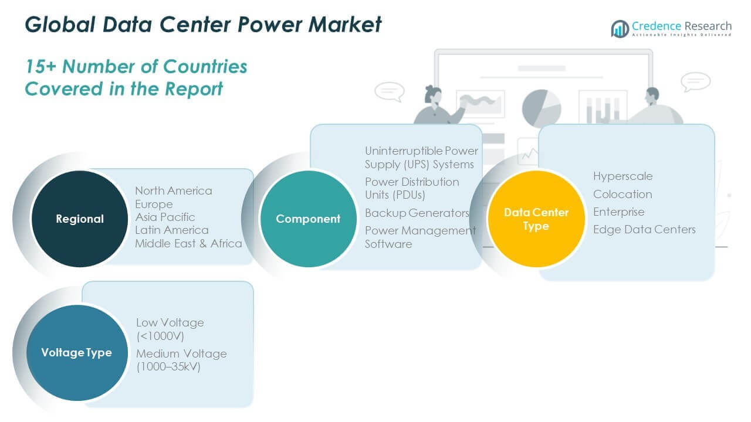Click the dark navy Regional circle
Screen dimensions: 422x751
pyautogui.click(x=79, y=219)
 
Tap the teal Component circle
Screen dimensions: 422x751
pyautogui.click(x=308, y=219)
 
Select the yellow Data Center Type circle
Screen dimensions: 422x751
pyautogui.click(x=536, y=219)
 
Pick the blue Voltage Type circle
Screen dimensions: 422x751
pyautogui.click(x=77, y=352)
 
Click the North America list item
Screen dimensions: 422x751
pyautogui.click(x=174, y=191)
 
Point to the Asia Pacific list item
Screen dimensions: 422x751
pyautogui.click(x=165, y=217)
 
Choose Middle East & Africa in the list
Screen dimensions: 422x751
pyautogui.click(x=188, y=243)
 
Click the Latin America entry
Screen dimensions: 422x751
pyautogui.click(x=172, y=230)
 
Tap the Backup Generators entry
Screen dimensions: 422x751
pyautogui.click(x=417, y=213)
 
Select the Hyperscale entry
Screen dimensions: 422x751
pyautogui.click(x=623, y=176)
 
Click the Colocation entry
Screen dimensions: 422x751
pyautogui.click(x=623, y=194)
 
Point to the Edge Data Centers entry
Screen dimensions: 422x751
pyautogui.click(x=644, y=229)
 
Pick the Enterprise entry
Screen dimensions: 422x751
pyautogui.click(x=618, y=212)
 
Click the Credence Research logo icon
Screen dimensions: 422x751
pyautogui.click(x=620, y=28)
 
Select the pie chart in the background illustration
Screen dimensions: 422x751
pyautogui.click(x=541, y=108)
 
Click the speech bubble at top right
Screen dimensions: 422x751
pyautogui.click(x=696, y=81)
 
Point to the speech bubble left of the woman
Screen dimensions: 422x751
pyautogui.click(x=389, y=91)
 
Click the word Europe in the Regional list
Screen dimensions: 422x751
pyautogui.click(x=154, y=204)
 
